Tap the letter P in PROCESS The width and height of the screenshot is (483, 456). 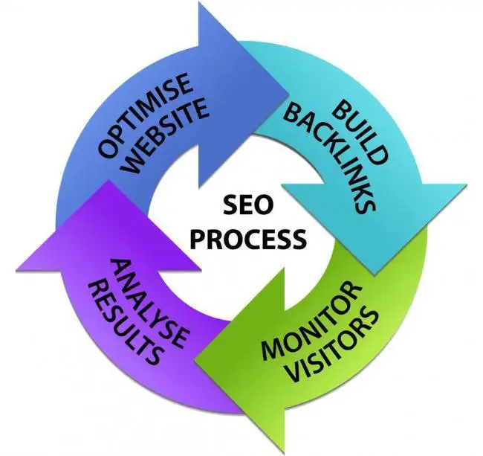click(x=190, y=238)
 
